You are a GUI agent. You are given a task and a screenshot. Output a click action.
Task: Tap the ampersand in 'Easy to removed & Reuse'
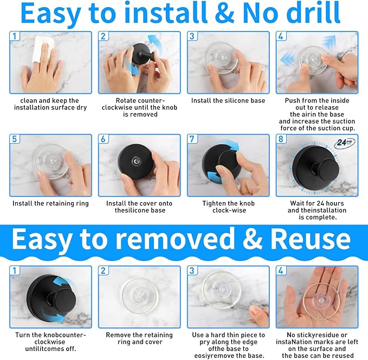253,239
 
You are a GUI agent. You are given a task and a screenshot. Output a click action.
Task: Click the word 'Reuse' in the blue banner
311,239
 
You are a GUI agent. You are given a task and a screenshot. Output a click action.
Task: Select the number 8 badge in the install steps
281,139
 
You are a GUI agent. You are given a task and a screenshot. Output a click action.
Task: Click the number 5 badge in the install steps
15,139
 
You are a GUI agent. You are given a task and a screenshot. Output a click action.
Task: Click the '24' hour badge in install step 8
345,143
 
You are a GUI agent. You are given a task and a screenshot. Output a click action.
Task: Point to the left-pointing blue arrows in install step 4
288,59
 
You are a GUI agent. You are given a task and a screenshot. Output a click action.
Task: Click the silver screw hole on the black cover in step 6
136,161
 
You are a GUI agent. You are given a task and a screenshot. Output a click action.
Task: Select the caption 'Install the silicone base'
228,100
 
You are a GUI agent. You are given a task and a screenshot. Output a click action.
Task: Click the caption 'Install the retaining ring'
51,203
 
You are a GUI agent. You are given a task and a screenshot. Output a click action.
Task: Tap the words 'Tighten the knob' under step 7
229,203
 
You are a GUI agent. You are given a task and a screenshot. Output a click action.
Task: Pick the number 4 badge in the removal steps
281,271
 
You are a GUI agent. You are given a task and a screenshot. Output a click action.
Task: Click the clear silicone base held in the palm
321,299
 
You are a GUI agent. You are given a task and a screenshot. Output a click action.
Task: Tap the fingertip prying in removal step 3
254,311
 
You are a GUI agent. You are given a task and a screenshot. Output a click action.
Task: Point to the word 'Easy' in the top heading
50,14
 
